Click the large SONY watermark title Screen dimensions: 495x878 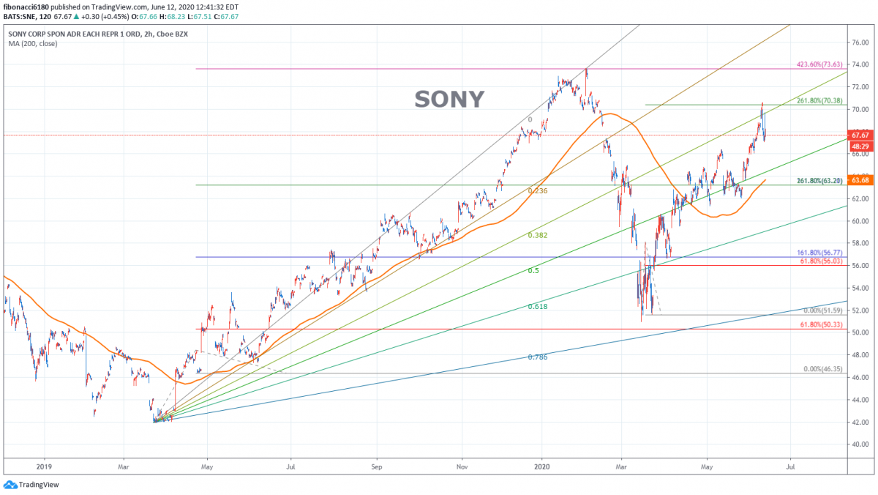click(449, 100)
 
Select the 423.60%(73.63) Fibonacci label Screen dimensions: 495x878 click(820, 65)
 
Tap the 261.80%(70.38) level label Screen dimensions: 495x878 click(820, 101)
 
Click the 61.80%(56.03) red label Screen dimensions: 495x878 click(822, 261)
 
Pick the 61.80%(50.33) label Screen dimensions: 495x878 click(822, 325)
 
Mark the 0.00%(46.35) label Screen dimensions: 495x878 click(823, 370)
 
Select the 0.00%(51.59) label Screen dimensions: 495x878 click(823, 311)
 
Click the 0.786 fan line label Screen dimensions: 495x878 click(538, 357)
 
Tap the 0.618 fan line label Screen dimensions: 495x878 click(538, 307)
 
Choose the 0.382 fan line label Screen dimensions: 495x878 click(538, 236)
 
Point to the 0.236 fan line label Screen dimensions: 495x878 click(538, 191)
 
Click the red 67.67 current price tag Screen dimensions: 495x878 click(860, 135)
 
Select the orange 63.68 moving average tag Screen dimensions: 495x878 click(860, 180)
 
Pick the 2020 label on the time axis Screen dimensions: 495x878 click(542, 465)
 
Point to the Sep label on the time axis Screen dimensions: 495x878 click(377, 465)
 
